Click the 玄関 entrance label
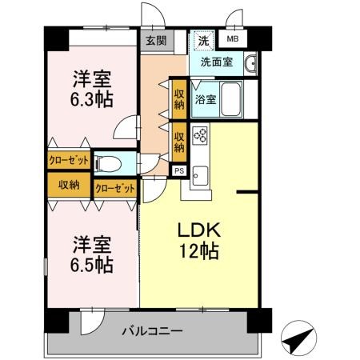click(156, 41)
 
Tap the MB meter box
click(233, 39)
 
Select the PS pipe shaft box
click(179, 170)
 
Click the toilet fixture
click(108, 163)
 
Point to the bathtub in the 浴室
click(230, 98)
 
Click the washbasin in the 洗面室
click(250, 63)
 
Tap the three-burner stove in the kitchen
click(200, 135)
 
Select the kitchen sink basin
click(200, 176)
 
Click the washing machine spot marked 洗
click(204, 40)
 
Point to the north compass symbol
click(299, 338)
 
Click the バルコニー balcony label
click(153, 331)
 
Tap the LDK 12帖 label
click(199, 240)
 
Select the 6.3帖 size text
click(92, 99)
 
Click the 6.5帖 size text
click(92, 265)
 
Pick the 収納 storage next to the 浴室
click(179, 99)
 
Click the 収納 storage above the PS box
click(179, 142)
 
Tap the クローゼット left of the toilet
click(69, 160)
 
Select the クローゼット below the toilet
click(115, 188)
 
